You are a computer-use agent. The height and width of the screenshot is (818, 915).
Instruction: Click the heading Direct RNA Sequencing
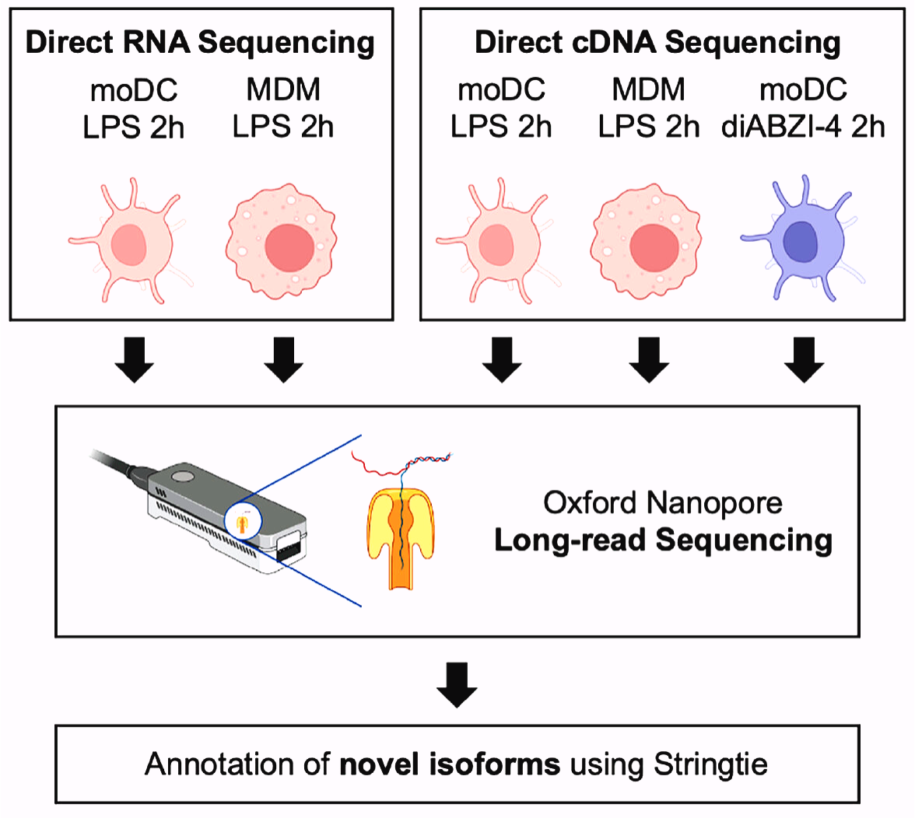click(x=200, y=43)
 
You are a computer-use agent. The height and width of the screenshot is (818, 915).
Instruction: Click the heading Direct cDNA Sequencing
click(x=657, y=43)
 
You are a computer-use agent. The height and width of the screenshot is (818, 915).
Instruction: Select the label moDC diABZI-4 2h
click(x=805, y=108)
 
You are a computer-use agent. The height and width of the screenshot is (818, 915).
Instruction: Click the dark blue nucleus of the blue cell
click(x=800, y=241)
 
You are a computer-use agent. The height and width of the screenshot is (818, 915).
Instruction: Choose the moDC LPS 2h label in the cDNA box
click(x=501, y=108)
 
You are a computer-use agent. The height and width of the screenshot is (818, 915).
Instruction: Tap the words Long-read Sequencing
click(x=663, y=540)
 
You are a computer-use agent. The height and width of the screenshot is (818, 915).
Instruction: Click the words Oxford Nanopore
click(x=663, y=503)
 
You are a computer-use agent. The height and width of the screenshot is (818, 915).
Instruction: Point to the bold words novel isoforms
click(x=450, y=764)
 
